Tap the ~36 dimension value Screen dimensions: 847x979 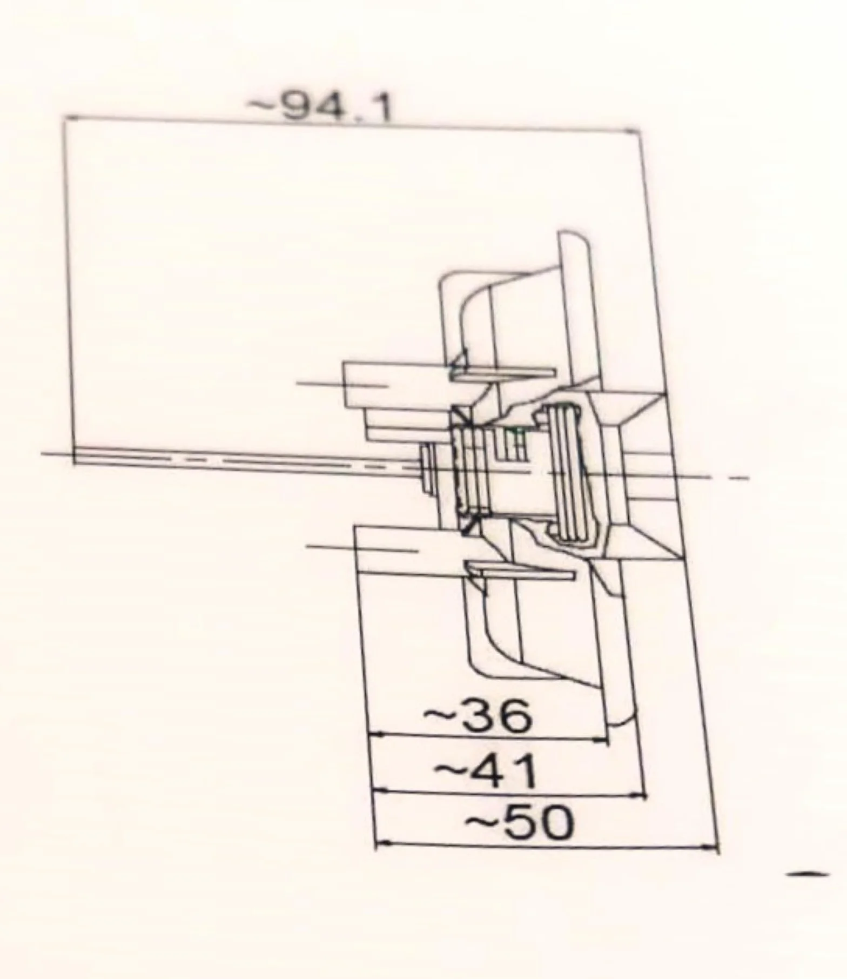478,716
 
